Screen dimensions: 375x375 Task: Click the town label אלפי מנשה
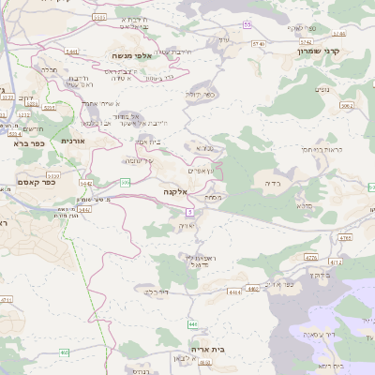coord(132,55)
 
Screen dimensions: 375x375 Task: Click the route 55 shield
coord(247,24)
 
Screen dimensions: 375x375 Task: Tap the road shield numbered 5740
coord(259,43)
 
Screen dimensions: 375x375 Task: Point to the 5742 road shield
coord(305,42)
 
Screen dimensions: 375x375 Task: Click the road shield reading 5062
coord(347,107)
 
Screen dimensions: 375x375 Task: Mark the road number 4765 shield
coord(346,238)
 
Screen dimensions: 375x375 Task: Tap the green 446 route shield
coord(192,323)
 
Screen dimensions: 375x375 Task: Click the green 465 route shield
coord(65,352)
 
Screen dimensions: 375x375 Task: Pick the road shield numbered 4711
coord(7,299)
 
